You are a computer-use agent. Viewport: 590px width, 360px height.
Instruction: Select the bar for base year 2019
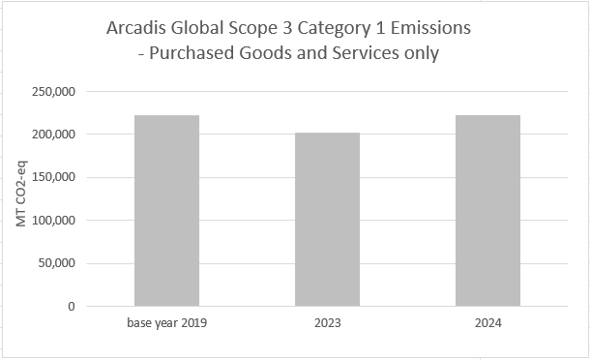[166, 211]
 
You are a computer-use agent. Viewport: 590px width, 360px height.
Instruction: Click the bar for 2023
[327, 220]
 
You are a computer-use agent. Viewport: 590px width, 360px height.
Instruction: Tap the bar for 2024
[487, 211]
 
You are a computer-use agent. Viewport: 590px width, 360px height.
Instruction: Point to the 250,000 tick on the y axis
[59, 92]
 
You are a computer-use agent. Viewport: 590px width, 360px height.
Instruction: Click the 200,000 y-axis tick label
[59, 135]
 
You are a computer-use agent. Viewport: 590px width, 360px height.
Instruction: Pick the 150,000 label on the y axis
[59, 177]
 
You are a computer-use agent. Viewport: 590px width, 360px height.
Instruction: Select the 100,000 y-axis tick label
[59, 221]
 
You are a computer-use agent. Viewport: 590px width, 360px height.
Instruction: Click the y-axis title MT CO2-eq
[20, 199]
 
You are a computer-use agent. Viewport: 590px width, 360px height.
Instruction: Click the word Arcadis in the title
[139, 30]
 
